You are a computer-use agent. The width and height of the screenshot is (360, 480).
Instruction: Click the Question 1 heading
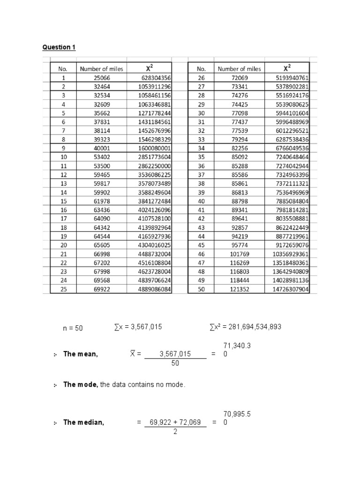click(x=59, y=47)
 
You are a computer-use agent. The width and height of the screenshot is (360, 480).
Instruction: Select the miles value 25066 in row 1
click(x=101, y=78)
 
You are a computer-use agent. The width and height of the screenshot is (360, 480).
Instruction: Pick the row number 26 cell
click(x=201, y=78)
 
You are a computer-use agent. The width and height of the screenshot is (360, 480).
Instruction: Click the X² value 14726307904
click(x=288, y=289)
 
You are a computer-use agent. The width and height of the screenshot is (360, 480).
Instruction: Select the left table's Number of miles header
click(x=101, y=69)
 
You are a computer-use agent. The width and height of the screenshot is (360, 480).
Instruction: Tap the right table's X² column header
click(x=286, y=68)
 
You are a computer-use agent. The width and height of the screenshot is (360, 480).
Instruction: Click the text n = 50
click(x=73, y=328)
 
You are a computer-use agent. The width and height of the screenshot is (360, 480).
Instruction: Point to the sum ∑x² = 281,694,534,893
click(x=246, y=327)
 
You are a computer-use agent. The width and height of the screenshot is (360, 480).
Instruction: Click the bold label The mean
click(x=81, y=354)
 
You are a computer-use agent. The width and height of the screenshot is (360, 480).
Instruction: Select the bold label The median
click(x=83, y=422)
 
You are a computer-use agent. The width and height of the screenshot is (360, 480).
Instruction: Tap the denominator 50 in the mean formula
click(x=175, y=363)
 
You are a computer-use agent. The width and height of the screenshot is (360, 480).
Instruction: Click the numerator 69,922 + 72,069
click(x=175, y=422)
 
